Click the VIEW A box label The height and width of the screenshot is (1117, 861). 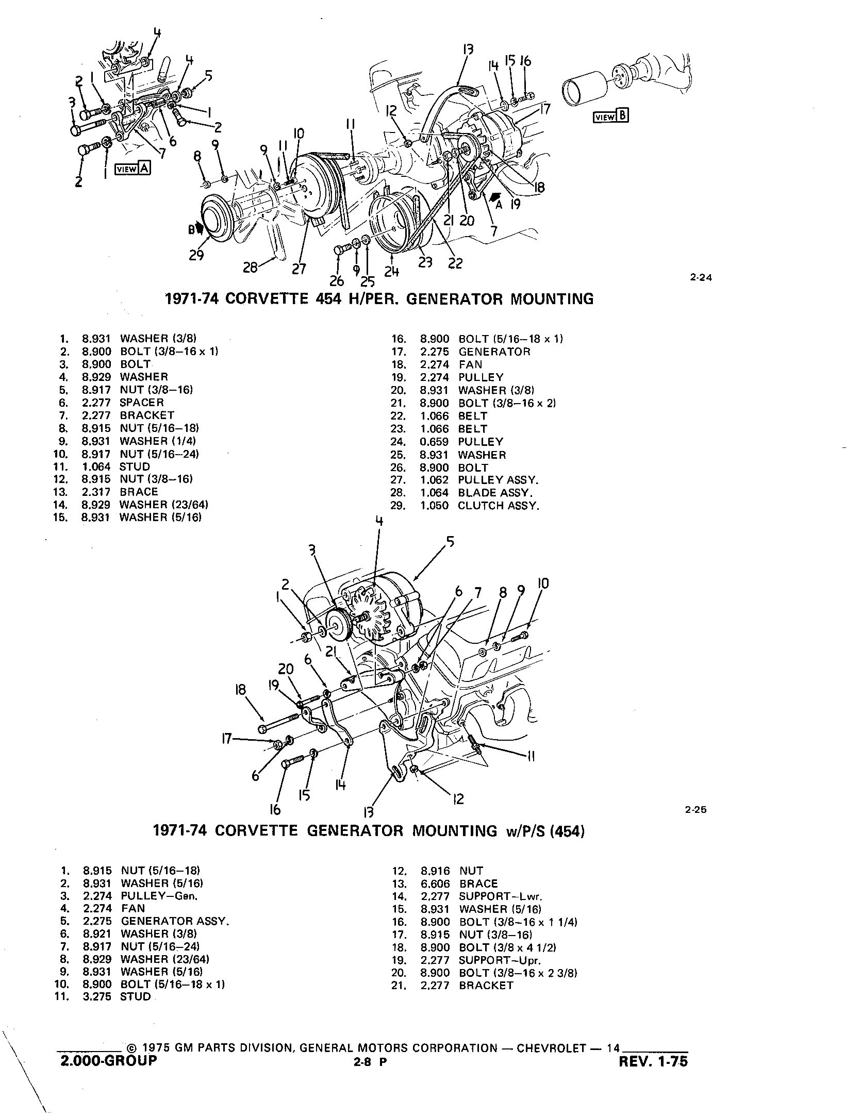(133, 169)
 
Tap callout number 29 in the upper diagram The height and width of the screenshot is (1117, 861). (196, 255)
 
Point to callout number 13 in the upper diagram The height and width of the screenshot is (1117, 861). (468, 49)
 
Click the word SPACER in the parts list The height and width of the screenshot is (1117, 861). (142, 403)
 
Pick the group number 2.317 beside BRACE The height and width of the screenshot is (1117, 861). (96, 492)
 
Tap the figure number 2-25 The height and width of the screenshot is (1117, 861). (696, 809)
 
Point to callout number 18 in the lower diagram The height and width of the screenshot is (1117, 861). (241, 690)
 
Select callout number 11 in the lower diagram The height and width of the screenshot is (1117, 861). (531, 756)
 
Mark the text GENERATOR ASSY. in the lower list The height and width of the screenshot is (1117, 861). (175, 921)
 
